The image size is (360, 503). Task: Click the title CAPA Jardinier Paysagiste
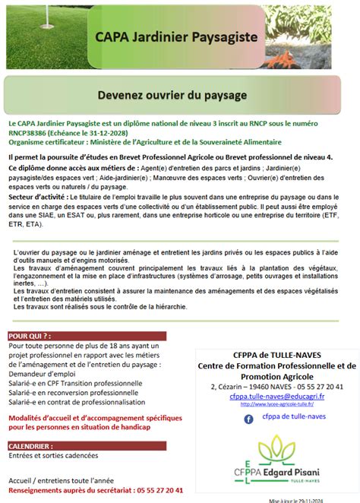176,36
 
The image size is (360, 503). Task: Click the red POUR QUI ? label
30,335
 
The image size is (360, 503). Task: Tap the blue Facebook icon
248,417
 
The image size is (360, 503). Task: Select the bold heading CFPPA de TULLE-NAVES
276,354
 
